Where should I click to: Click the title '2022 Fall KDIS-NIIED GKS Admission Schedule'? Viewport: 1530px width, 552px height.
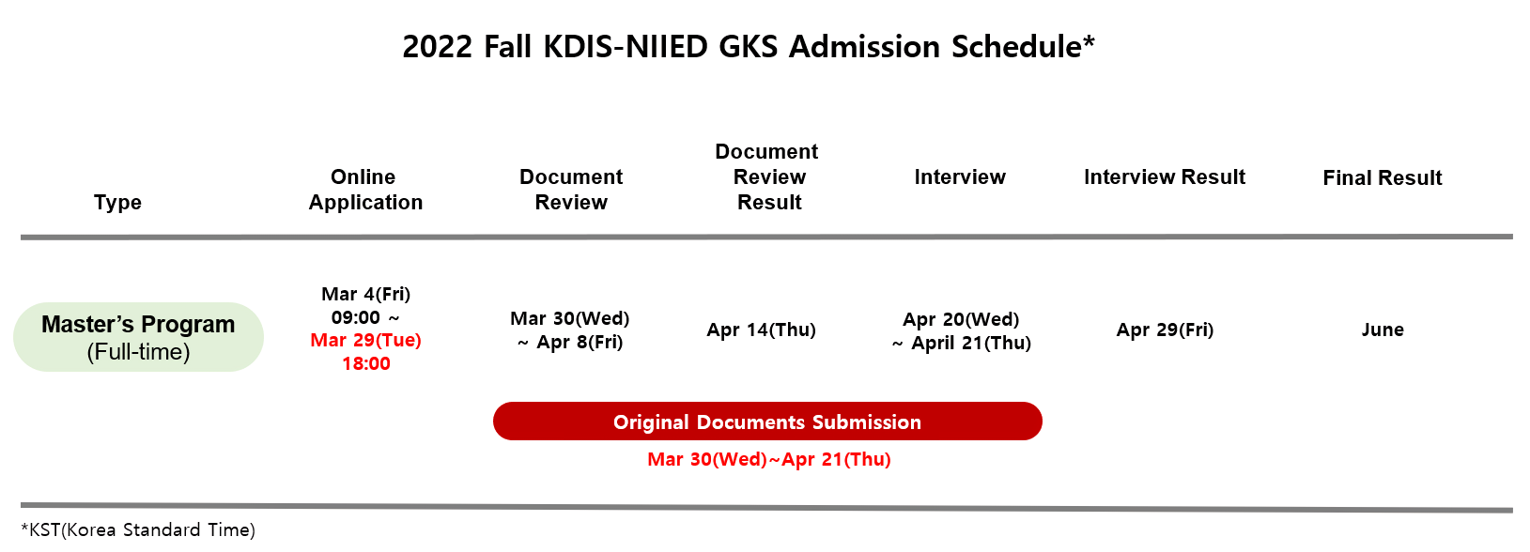(748, 46)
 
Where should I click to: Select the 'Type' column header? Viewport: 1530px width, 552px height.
(117, 202)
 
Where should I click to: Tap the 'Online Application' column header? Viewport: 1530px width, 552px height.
(365, 189)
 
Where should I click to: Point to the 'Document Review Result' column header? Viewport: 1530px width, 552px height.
(767, 176)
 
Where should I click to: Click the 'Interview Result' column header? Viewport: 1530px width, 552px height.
(1165, 176)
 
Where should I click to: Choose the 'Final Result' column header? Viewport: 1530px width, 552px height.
(1382, 177)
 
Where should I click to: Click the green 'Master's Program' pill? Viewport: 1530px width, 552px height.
(139, 337)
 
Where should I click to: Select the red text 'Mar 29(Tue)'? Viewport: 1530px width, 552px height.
(365, 340)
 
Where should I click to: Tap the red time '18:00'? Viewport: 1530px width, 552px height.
(366, 363)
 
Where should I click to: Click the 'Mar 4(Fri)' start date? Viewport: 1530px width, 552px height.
(365, 294)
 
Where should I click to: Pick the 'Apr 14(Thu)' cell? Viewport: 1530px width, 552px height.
(761, 330)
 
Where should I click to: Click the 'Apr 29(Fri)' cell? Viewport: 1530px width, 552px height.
(1165, 330)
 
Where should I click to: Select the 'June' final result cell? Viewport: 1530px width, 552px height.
(1383, 330)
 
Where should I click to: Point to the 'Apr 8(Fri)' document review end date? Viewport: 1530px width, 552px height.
(580, 342)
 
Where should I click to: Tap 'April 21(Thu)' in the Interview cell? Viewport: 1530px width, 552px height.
(970, 343)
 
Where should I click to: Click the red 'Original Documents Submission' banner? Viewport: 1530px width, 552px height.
(767, 421)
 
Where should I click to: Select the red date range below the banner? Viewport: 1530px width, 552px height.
(769, 459)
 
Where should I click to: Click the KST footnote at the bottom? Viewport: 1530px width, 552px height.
(138, 529)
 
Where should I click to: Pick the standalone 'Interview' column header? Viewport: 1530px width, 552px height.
(960, 176)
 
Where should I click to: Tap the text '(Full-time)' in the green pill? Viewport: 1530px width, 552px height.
(138, 352)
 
